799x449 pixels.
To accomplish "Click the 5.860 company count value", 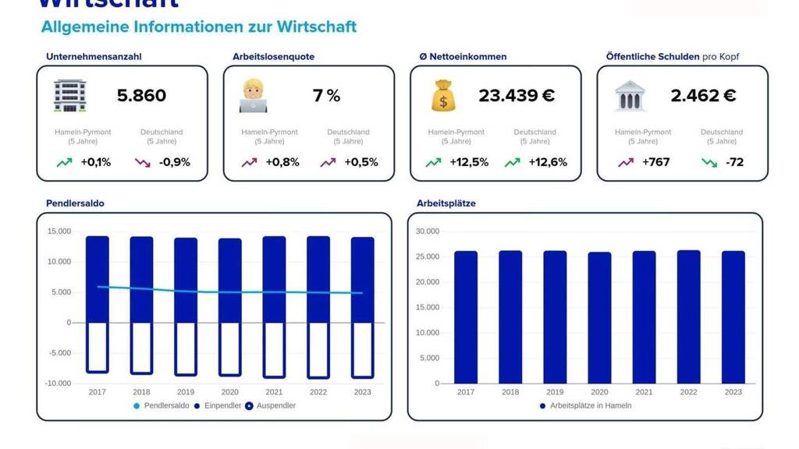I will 141,96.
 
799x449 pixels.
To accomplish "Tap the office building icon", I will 69,96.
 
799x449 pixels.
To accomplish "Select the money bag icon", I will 442,96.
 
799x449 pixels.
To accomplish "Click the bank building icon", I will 630,96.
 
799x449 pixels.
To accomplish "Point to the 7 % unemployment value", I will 326,96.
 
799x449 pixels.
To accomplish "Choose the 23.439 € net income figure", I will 517,96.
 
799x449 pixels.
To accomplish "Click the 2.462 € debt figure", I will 703,96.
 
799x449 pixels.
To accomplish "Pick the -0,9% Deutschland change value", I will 174,162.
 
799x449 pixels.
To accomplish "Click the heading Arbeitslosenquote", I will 273,57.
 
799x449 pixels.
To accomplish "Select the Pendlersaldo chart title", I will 75,203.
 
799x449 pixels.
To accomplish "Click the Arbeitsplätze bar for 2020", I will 599,318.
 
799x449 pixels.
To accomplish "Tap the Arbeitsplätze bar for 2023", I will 733,317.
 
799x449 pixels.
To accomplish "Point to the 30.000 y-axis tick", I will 427,232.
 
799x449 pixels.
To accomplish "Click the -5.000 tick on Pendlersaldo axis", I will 59,353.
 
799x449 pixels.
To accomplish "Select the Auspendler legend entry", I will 271,405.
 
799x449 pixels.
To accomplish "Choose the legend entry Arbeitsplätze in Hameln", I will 585,405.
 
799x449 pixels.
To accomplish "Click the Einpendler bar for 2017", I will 97,279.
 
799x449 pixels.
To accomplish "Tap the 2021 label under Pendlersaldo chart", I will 274,392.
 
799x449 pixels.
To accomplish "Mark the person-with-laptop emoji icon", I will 254,96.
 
